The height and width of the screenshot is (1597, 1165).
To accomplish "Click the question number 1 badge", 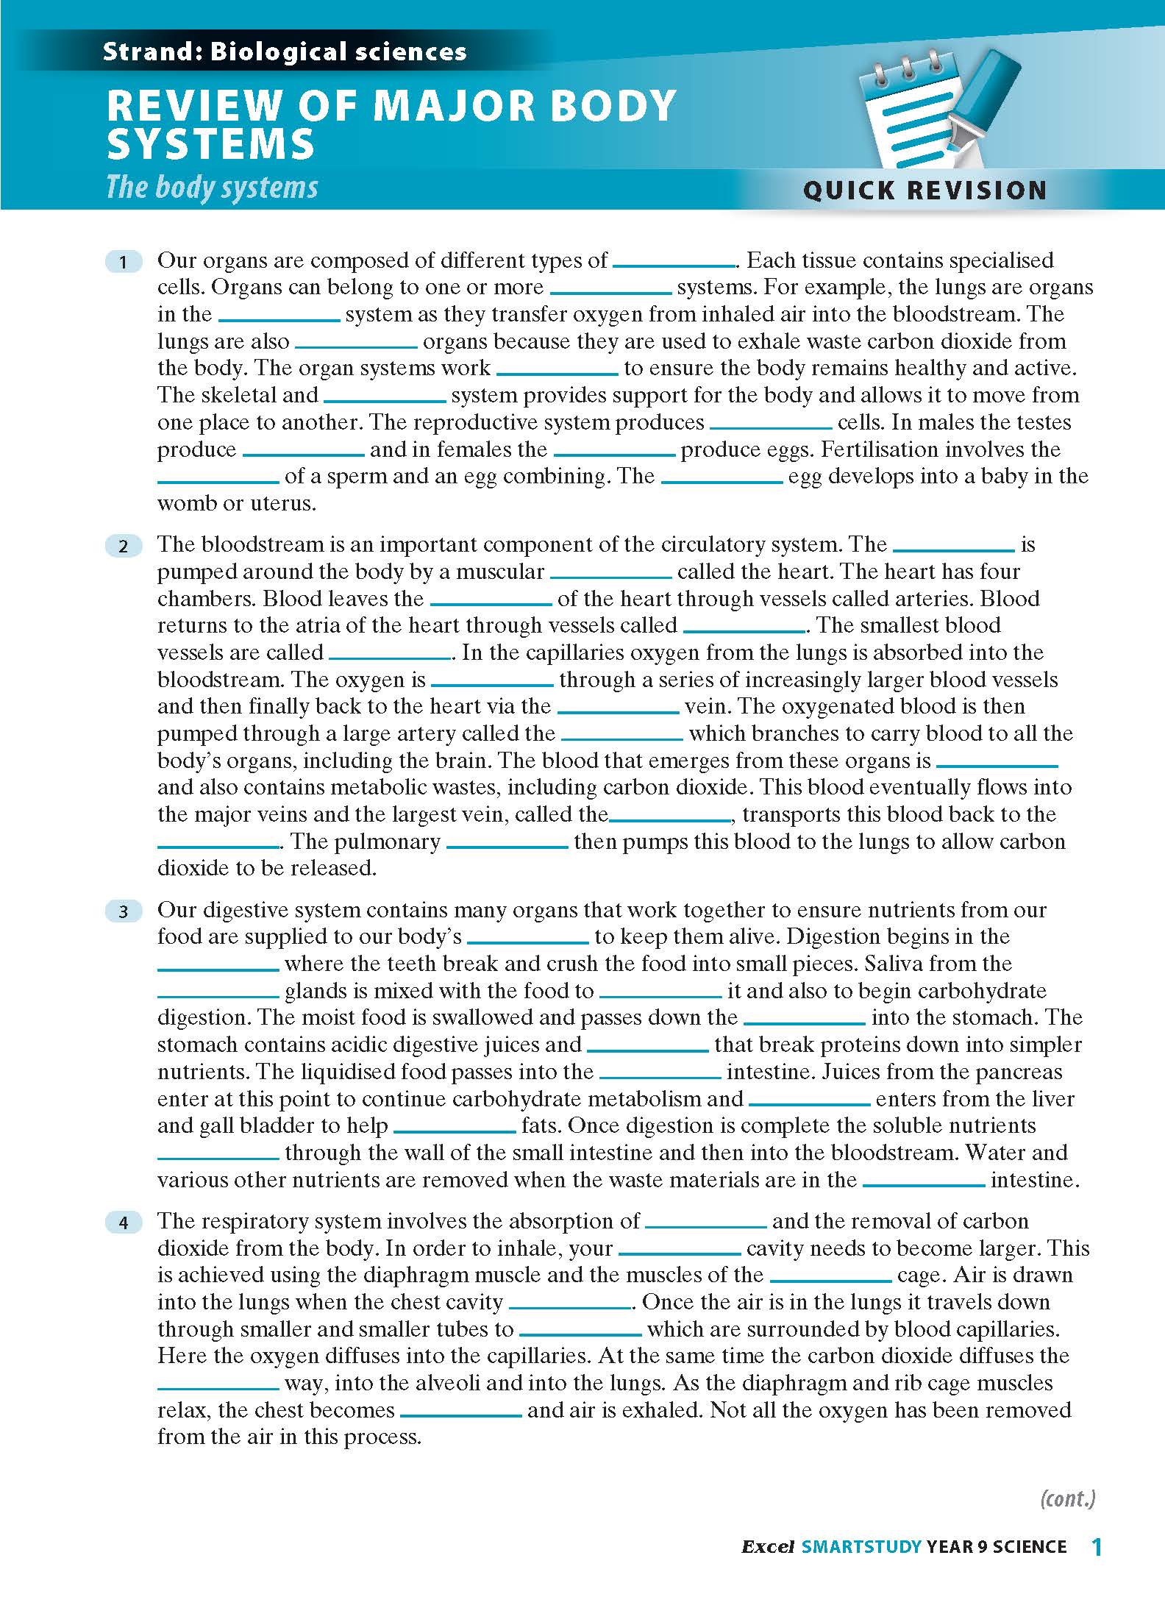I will (123, 262).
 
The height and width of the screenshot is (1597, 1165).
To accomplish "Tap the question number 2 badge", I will (123, 546).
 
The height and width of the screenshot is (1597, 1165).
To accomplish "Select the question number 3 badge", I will (123, 911).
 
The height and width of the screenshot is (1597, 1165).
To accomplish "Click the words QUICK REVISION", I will (924, 191).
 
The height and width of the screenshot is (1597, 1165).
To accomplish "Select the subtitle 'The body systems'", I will (212, 187).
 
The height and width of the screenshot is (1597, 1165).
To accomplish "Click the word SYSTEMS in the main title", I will (211, 144).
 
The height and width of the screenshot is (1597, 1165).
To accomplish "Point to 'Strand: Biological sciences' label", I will (285, 51).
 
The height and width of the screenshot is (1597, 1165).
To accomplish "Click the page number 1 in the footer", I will (1097, 1548).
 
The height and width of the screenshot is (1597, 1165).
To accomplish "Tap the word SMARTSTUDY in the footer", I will (861, 1548).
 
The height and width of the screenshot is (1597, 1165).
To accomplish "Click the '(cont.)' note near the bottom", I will (1067, 1498).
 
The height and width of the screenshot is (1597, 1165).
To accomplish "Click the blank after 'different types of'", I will (674, 263).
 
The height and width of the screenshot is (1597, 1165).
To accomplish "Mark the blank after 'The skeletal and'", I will (385, 398).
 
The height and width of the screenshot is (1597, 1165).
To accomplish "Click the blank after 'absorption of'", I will (705, 1224).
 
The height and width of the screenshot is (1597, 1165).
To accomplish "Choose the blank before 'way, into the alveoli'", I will (218, 1386).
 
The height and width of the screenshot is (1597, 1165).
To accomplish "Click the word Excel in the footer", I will (767, 1548).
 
